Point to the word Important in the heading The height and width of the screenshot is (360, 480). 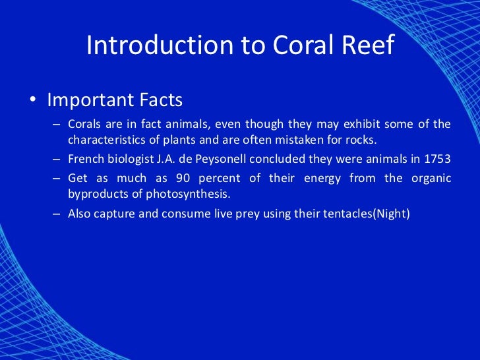pos(88,101)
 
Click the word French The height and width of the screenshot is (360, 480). pos(84,159)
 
